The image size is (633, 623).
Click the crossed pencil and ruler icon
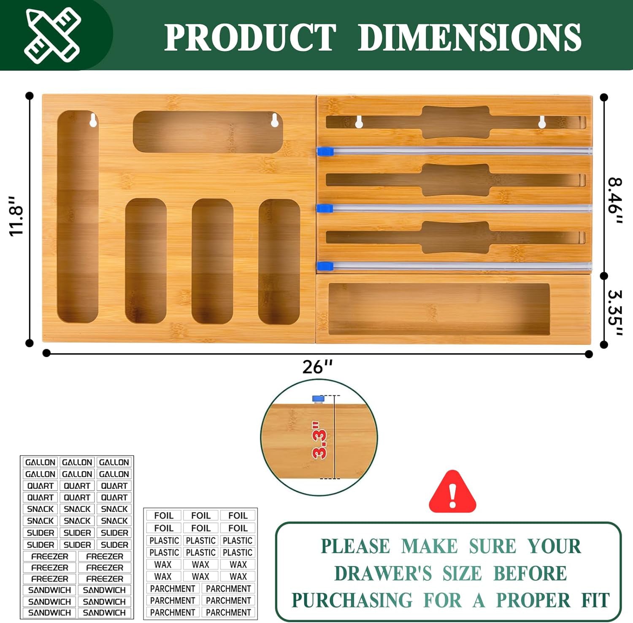click(x=52, y=35)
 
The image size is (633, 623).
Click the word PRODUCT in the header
click(x=250, y=37)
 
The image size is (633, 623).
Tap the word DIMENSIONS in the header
click(x=470, y=37)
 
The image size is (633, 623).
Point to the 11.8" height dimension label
click(x=18, y=216)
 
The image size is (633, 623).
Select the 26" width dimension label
click(x=317, y=367)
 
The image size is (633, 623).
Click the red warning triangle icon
click(x=452, y=491)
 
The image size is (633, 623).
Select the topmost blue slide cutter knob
click(x=325, y=151)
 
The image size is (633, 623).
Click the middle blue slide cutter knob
click(x=325, y=208)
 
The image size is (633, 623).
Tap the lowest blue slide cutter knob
click(x=325, y=266)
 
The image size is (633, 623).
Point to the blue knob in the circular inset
click(x=318, y=399)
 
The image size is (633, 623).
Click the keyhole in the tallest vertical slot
click(x=93, y=120)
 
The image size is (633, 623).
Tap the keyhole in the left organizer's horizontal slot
click(x=275, y=120)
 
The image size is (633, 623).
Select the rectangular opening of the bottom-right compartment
click(x=439, y=309)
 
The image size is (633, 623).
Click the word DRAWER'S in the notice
click(x=383, y=574)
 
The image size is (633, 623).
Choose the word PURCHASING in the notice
click(x=352, y=601)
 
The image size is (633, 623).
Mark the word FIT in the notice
click(x=595, y=601)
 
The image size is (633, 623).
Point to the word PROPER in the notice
click(x=533, y=601)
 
